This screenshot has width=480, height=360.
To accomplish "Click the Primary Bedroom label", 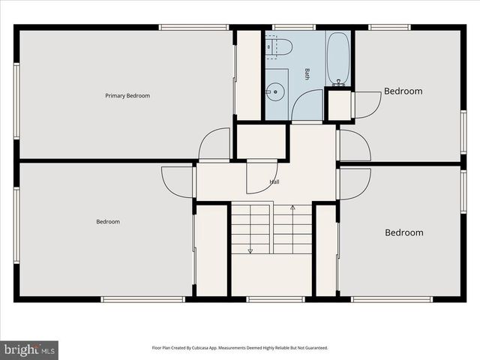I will [127, 95].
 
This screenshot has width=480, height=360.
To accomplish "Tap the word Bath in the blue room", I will [307, 73].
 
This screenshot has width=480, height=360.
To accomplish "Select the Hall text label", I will [274, 181].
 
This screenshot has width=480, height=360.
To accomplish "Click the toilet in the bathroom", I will [278, 46].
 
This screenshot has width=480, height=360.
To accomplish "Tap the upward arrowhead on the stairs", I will [292, 208].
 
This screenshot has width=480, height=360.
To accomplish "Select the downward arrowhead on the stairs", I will [250, 250].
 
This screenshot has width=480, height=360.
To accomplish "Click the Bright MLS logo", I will [30, 349].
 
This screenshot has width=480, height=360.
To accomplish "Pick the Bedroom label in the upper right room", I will [403, 91].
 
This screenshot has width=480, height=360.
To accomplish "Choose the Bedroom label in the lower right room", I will [403, 232].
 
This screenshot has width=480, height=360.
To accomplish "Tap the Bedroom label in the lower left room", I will [108, 221].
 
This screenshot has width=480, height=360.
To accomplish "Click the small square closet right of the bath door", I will [339, 106].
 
